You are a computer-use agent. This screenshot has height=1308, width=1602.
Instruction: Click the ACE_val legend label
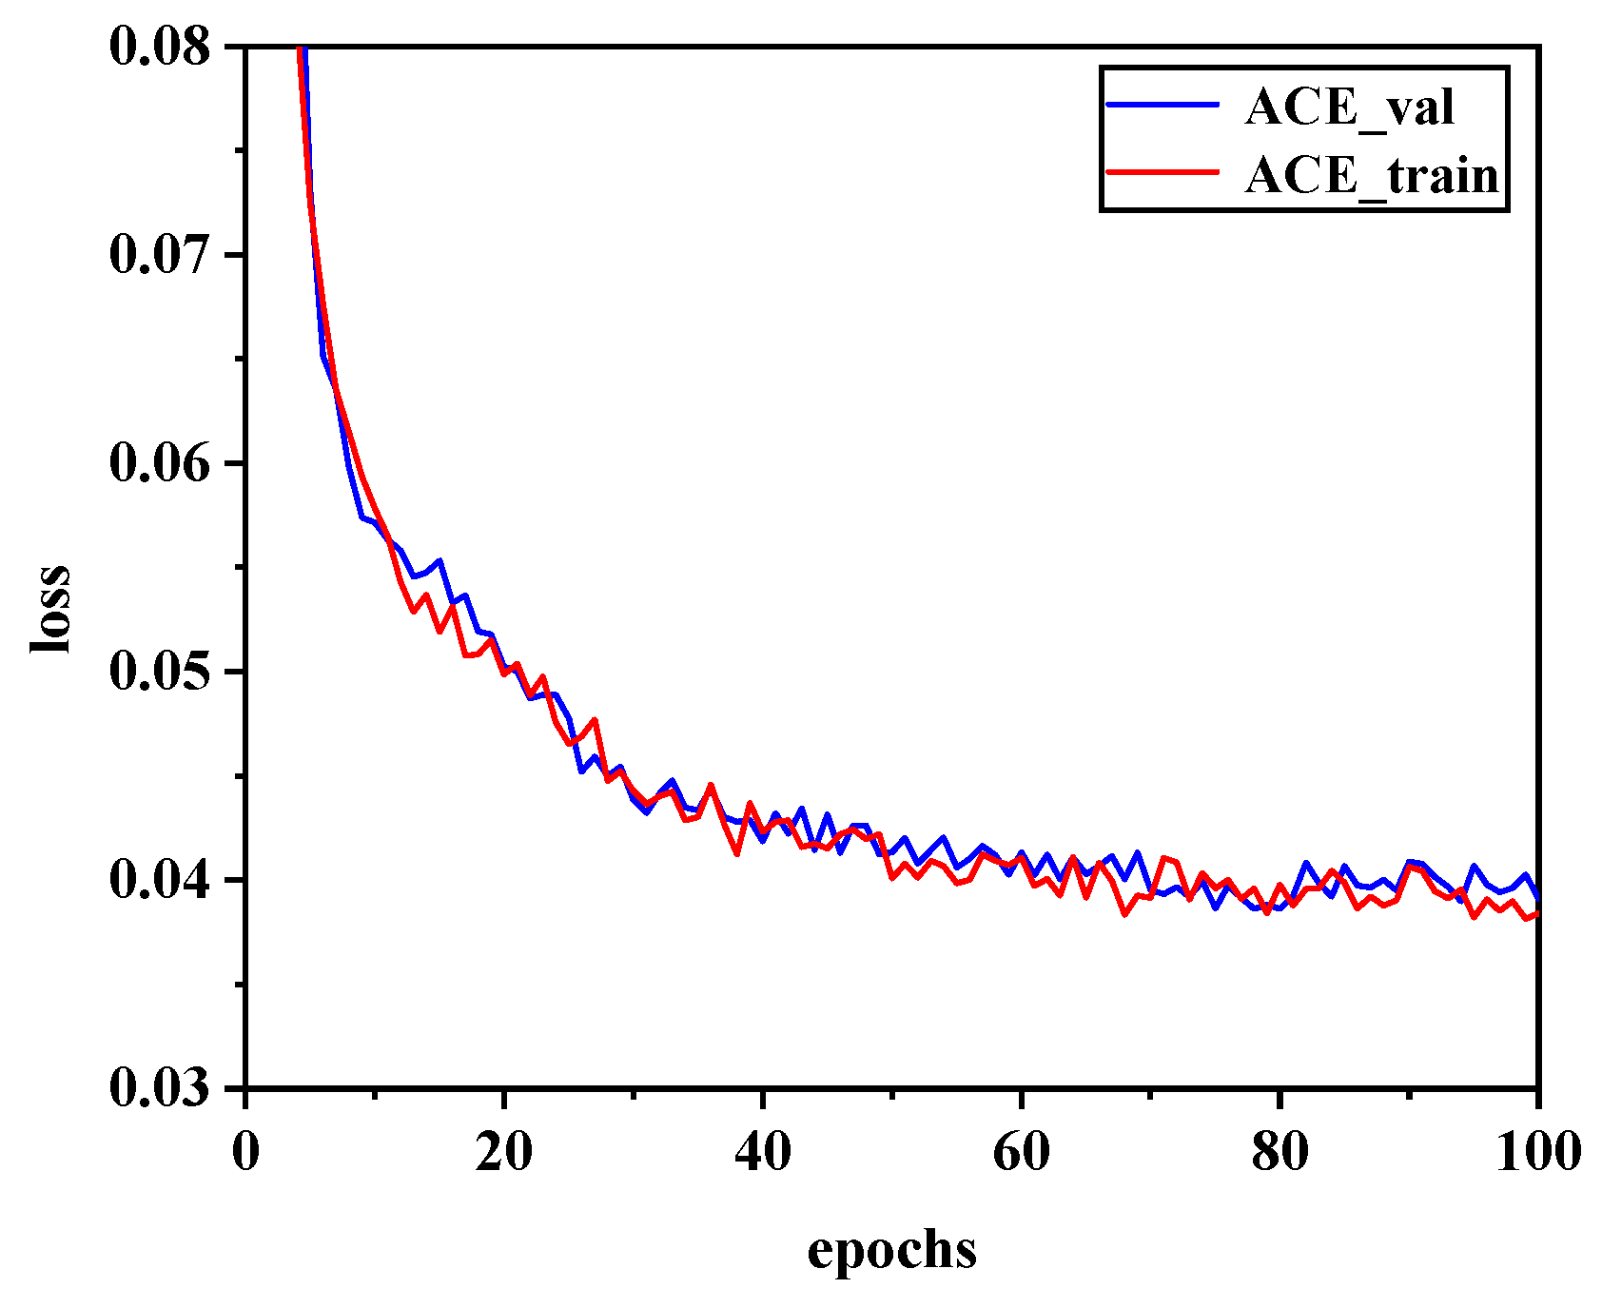point(1349,107)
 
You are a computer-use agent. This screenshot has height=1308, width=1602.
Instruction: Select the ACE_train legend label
point(1371,176)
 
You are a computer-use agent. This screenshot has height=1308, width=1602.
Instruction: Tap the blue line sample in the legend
point(1162,104)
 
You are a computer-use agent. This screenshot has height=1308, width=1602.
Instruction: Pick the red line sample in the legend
point(1162,172)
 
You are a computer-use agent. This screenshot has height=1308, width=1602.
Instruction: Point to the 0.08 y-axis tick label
point(159,47)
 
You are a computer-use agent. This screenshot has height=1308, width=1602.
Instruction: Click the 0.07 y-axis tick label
point(159,255)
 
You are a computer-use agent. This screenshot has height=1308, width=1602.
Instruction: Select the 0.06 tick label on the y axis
point(159,463)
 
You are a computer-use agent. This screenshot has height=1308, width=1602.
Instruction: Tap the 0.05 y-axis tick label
point(159,672)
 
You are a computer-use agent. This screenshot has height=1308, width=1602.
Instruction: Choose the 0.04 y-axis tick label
point(159,880)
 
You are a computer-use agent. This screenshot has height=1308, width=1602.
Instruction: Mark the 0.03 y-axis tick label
point(159,1088)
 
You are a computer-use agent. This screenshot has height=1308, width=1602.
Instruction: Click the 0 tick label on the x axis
point(245,1152)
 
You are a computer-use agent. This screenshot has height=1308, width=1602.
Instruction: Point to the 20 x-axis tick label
point(504,1152)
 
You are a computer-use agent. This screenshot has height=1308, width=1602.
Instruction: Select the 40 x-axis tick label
point(763,1152)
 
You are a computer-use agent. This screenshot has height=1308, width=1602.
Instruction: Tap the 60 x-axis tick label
point(1021,1152)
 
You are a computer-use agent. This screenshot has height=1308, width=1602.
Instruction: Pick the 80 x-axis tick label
point(1280,1152)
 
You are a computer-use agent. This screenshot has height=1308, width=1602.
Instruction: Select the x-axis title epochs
point(891,1249)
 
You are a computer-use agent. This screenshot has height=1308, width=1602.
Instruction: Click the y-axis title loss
point(50,609)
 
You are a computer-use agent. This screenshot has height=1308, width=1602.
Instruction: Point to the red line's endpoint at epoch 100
point(1536,913)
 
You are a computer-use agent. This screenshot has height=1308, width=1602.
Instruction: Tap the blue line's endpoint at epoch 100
point(1536,896)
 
